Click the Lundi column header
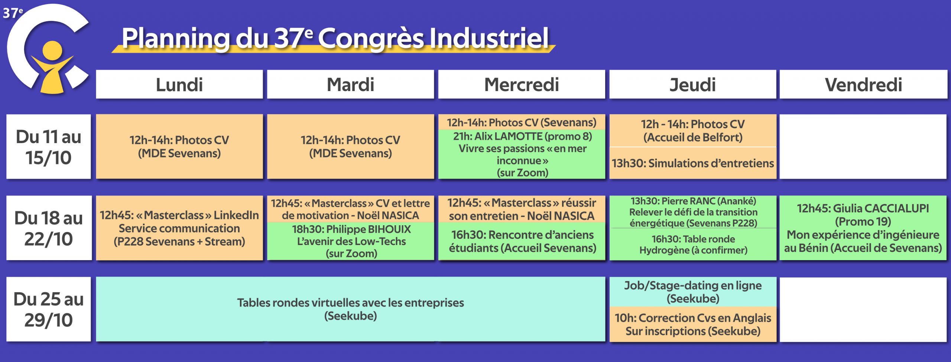tap(179, 84)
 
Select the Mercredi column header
tap(522, 84)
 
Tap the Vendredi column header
tap(863, 84)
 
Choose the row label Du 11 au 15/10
tap(49, 147)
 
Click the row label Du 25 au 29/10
tap(49, 309)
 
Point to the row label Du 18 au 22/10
tap(49, 228)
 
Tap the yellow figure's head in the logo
tap(52, 51)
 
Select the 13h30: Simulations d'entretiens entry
tap(693, 163)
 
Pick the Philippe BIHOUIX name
tap(369, 229)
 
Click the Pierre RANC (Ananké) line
tap(693, 201)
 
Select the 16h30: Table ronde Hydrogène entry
tap(693, 245)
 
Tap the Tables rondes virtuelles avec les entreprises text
tap(351, 303)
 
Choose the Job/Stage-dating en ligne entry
tap(693, 292)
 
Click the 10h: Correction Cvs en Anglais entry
tap(693, 324)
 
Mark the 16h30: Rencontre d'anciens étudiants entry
tap(522, 241)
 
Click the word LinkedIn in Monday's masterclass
tap(236, 215)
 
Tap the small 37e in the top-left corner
tap(13, 13)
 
